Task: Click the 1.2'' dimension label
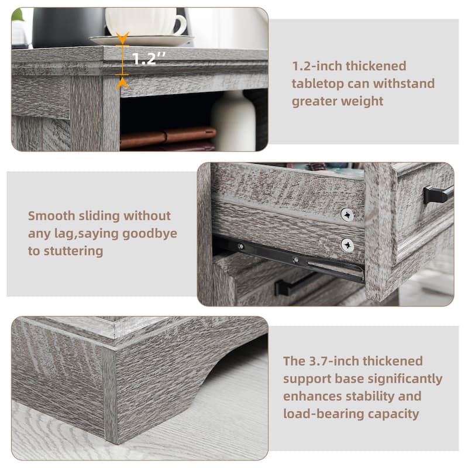(x=148, y=59)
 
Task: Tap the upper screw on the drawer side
(x=347, y=214)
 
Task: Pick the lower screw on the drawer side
(x=347, y=245)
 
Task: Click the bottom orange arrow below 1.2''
(x=123, y=82)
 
